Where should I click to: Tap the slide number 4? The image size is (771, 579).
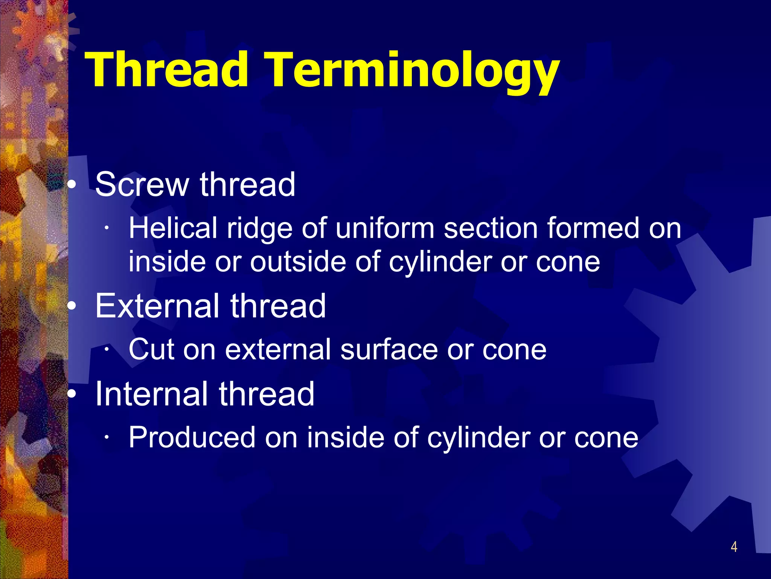point(734,547)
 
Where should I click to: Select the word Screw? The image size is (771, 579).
point(142,184)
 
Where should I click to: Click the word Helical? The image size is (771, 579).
point(173,228)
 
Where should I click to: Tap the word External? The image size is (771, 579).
point(158,306)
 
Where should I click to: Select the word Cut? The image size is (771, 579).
point(151,349)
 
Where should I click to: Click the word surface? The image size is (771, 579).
point(389,349)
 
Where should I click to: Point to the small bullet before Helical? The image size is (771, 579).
point(107,228)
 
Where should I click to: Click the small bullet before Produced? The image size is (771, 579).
point(107,437)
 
